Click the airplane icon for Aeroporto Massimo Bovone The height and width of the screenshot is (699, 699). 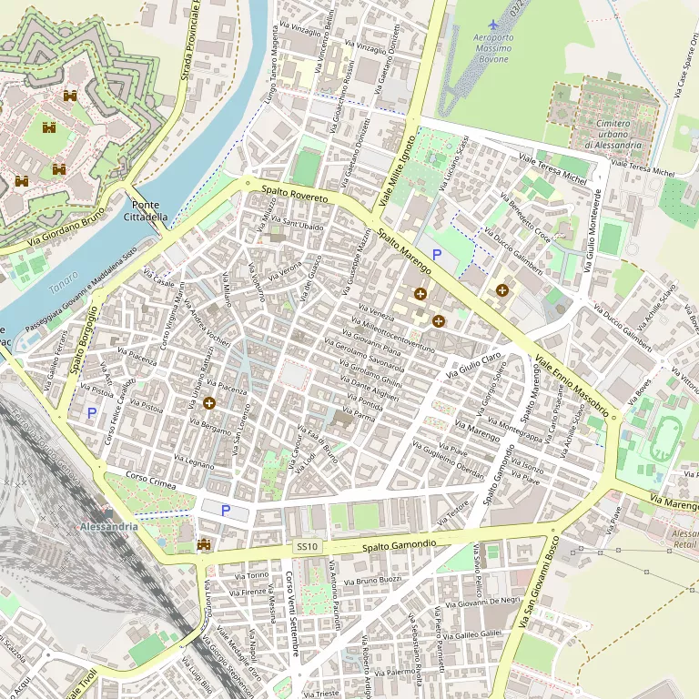click(x=493, y=24)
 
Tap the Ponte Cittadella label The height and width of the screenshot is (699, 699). click(x=146, y=211)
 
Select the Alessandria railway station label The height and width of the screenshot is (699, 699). click(x=108, y=527)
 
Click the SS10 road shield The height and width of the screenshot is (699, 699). click(x=307, y=546)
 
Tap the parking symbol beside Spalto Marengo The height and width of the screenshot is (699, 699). click(x=437, y=255)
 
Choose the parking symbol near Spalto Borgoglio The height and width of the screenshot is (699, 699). click(x=91, y=413)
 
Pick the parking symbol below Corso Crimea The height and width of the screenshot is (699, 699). click(x=226, y=511)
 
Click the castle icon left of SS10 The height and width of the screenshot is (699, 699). click(x=204, y=545)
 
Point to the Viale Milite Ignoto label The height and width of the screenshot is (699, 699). click(x=397, y=170)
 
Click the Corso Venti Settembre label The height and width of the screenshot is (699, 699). click(x=292, y=613)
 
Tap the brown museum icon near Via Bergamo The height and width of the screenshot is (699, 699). click(x=209, y=403)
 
